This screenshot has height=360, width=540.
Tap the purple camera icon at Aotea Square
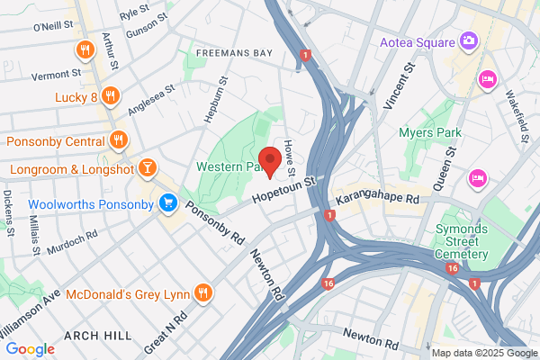pyautogui.click(x=468, y=40)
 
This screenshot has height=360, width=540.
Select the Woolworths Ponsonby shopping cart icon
pyautogui.click(x=166, y=203)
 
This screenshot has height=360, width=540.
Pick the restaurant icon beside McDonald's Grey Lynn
pyautogui.click(x=204, y=291)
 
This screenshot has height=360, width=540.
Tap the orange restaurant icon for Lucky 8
pyautogui.click(x=110, y=94)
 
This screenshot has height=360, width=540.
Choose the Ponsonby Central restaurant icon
pyautogui.click(x=118, y=139)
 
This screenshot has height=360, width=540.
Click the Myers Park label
pyautogui.click(x=430, y=133)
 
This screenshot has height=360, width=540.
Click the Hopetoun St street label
pyautogui.click(x=285, y=190)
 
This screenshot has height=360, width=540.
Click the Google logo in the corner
pyautogui.click(x=30, y=348)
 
